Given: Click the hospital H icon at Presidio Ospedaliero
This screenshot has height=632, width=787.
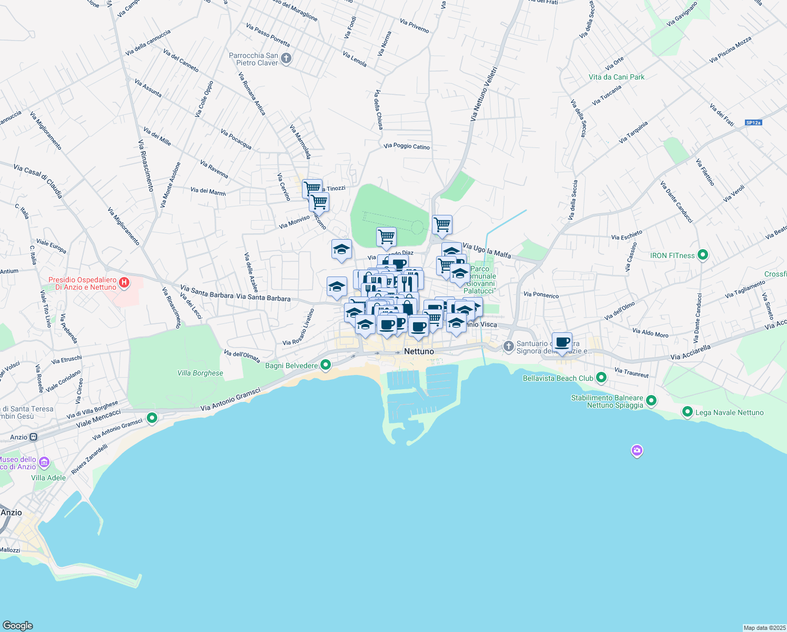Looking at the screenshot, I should pyautogui.click(x=124, y=283).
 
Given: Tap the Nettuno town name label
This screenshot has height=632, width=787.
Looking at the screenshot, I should pyautogui.click(x=419, y=351).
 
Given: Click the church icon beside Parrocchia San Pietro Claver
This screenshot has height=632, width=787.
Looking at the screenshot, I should pyautogui.click(x=286, y=58).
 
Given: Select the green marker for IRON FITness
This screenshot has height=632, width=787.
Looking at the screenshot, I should pyautogui.click(x=702, y=255).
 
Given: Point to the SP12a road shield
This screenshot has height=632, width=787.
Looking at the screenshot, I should pyautogui.click(x=753, y=123).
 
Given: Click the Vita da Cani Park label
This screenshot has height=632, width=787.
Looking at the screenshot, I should pyautogui.click(x=616, y=77).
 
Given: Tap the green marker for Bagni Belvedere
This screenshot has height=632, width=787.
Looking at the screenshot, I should pyautogui.click(x=326, y=364).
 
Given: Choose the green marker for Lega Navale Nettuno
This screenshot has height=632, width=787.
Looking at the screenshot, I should pyautogui.click(x=687, y=412).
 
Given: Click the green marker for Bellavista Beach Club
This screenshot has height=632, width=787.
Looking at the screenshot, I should pyautogui.click(x=601, y=378).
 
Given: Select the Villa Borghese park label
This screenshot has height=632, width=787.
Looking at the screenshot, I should pyautogui.click(x=200, y=373).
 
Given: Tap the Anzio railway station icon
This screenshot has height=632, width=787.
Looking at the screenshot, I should pyautogui.click(x=34, y=437).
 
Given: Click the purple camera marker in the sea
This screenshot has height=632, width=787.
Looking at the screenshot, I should pyautogui.click(x=637, y=451).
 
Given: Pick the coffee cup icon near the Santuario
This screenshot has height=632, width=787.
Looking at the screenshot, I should pyautogui.click(x=562, y=343).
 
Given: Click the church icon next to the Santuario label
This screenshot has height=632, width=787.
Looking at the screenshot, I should pyautogui.click(x=508, y=346).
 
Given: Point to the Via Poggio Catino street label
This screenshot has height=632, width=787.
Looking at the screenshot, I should pyautogui.click(x=407, y=146).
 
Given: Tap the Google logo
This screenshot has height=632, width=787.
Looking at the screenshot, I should pyautogui.click(x=18, y=625).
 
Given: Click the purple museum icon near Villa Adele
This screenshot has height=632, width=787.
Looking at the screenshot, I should pyautogui.click(x=44, y=463).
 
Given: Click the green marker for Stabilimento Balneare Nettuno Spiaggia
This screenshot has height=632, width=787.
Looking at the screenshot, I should pyautogui.click(x=651, y=401).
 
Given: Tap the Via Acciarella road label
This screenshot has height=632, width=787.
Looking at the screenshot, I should pyautogui.click(x=690, y=352).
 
